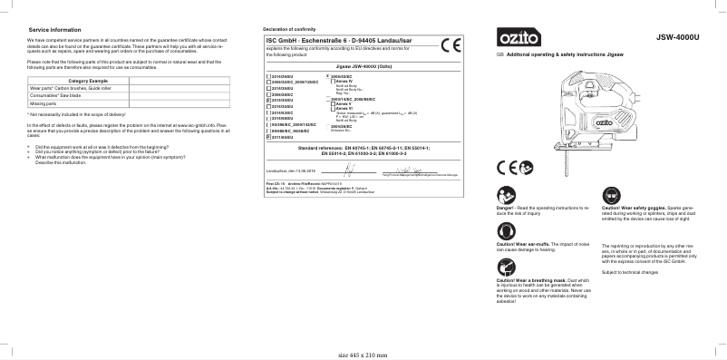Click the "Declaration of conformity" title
tap(287, 30)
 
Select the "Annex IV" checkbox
tap(334, 82)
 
